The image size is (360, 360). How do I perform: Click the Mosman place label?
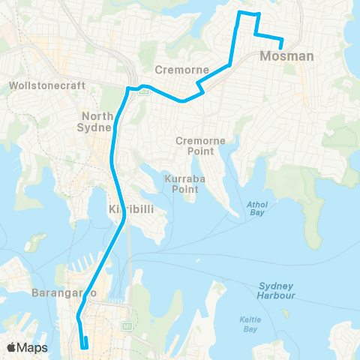coord(281,56)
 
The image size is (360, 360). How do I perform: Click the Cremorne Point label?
coord(195,145)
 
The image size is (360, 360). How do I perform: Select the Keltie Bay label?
coord(250,324)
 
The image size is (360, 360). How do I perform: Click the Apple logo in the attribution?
coord(12,347)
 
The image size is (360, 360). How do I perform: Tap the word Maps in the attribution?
coord(32,347)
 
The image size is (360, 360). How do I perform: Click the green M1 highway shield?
coord(127,326)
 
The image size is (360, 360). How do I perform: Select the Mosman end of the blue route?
coord(282,47)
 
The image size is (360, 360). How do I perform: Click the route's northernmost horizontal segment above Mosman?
coord(249,13)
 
